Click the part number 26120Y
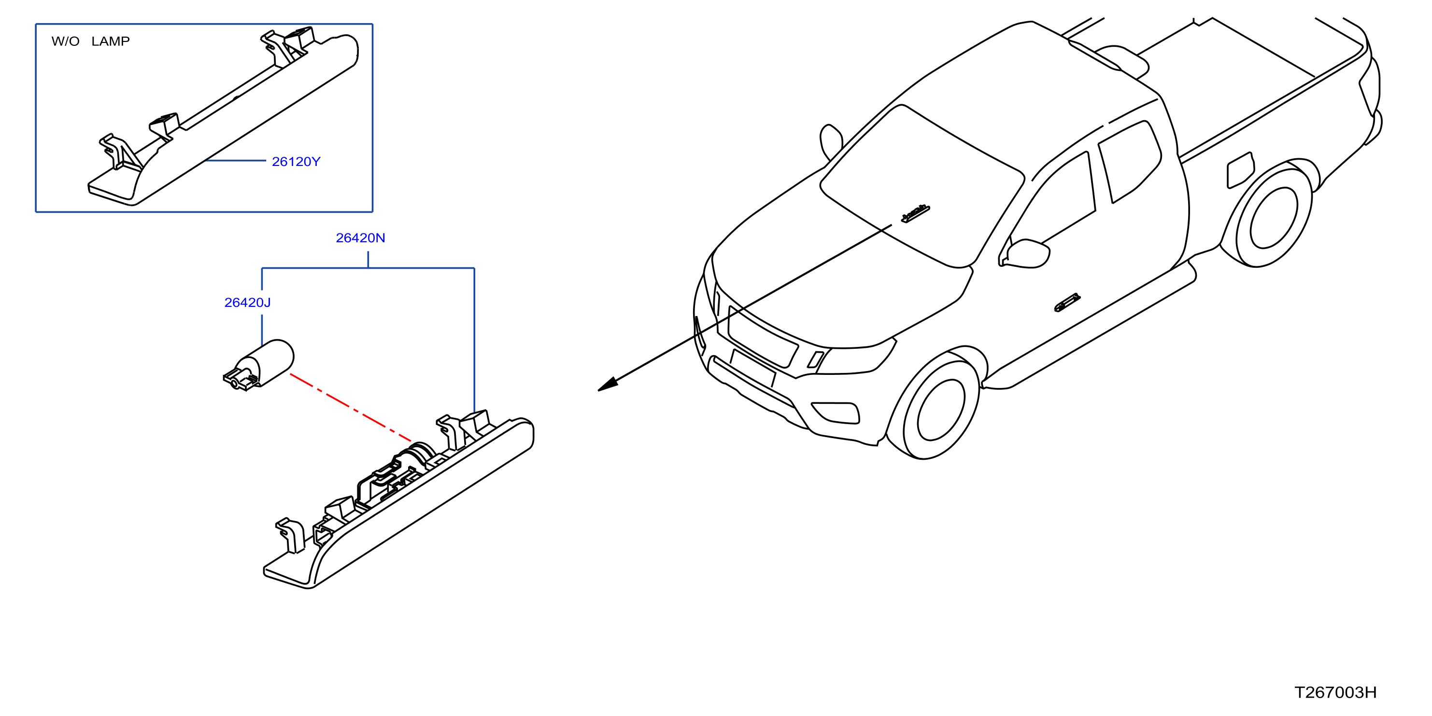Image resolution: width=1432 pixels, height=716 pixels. [x=296, y=162]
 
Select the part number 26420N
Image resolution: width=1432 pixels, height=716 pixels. [x=360, y=238]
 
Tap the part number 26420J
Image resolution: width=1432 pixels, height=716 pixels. [x=247, y=302]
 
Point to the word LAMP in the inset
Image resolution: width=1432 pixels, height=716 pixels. [x=111, y=41]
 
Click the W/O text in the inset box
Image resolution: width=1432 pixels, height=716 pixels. [x=66, y=41]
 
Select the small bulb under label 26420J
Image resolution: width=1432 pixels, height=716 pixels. [x=258, y=365]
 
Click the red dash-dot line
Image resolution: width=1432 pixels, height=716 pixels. [x=351, y=408]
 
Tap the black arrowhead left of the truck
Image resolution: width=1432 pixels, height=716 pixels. [x=608, y=385]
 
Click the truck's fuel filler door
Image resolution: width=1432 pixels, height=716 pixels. [x=1240, y=170]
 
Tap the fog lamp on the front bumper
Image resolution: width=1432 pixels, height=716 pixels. [x=836, y=412]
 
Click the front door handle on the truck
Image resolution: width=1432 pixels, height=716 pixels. [x=1067, y=303]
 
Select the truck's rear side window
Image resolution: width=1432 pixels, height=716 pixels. [x=1130, y=161]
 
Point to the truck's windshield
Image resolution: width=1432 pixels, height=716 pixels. [x=923, y=186]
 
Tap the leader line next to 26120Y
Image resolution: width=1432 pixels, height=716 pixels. [x=236, y=161]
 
